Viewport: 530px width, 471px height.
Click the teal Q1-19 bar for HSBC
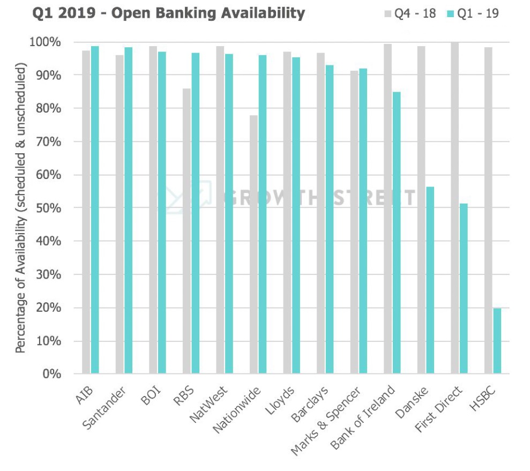(x=497, y=341)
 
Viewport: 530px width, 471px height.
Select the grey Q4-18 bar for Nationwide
(x=253, y=244)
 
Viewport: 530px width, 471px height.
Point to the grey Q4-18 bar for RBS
(x=186, y=231)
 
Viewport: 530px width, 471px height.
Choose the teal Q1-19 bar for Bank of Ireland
(x=397, y=233)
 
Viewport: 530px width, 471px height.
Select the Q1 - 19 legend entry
(x=473, y=13)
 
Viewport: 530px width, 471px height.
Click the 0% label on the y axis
(x=53, y=373)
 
